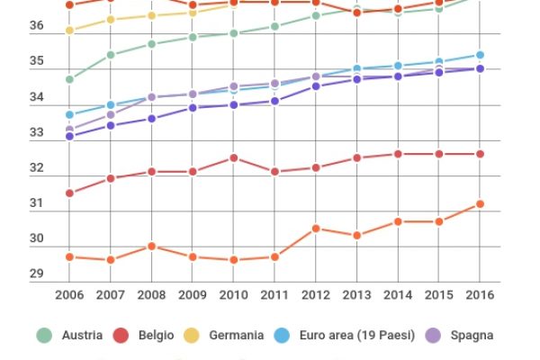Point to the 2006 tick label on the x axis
69,294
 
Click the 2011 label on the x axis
274,294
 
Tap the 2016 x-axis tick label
480,294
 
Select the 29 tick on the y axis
37,274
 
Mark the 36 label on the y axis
37,26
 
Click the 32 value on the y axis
37,168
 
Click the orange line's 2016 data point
480,204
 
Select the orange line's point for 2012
316,229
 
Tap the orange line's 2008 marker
152,247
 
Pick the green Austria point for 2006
69,80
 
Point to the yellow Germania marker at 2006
69,31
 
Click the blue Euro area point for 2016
480,55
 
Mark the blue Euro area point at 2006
69,115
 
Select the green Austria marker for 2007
111,55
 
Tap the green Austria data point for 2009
193,37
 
